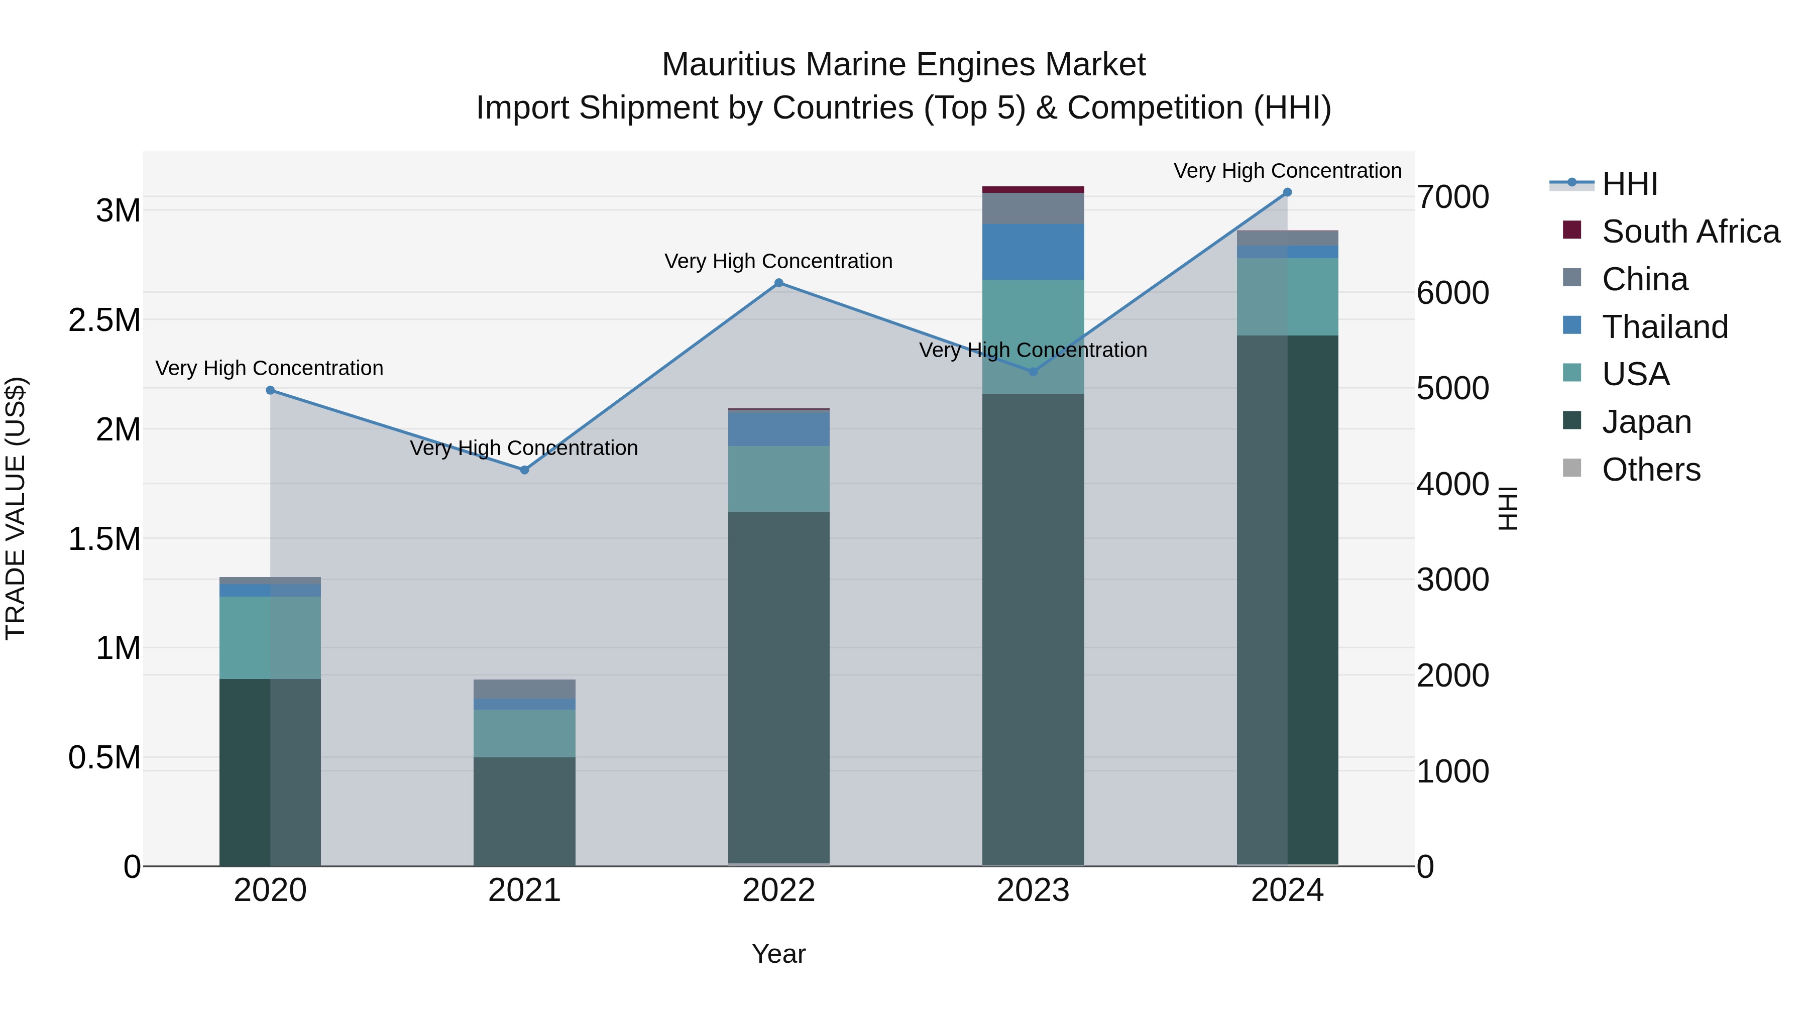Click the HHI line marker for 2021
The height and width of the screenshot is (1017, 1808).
click(524, 470)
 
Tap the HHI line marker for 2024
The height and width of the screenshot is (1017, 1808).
click(1287, 192)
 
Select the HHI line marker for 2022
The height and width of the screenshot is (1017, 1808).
click(778, 283)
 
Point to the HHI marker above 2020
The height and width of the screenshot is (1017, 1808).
click(270, 390)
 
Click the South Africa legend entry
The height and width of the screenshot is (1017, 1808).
click(1690, 232)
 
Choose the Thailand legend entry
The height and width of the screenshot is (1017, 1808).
click(1665, 327)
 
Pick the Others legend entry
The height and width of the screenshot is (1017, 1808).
click(1651, 470)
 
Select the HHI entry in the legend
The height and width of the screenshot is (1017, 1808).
click(1630, 184)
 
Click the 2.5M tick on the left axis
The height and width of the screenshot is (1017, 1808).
click(104, 320)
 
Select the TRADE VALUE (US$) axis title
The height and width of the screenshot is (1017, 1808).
click(16, 508)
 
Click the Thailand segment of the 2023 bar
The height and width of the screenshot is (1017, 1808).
click(1033, 252)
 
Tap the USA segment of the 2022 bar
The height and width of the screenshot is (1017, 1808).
click(778, 479)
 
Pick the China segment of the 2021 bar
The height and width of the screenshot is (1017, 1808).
click(524, 689)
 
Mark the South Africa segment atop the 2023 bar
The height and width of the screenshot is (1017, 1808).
click(1033, 189)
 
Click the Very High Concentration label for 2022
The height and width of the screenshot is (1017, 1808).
click(778, 261)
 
